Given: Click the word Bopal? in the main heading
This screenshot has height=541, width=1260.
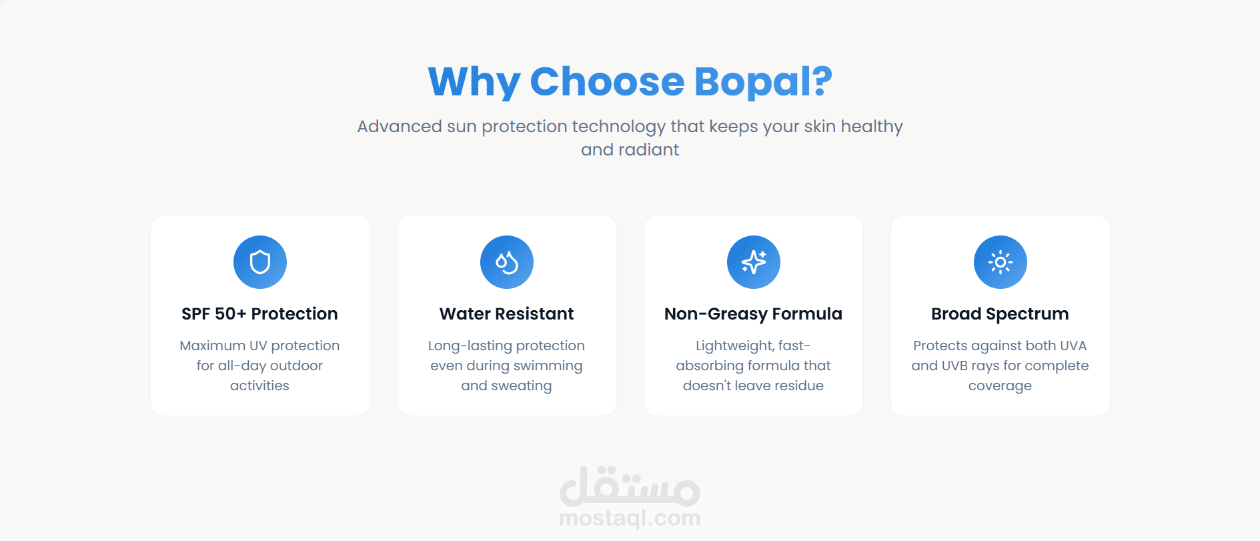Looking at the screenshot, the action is coord(763,82).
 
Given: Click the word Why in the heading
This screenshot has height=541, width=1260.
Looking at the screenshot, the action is coord(474,82).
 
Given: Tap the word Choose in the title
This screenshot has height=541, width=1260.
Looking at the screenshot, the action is coord(607,81).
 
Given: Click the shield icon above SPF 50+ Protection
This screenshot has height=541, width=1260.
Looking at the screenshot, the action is coord(260,262).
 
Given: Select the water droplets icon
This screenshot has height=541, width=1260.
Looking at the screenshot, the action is coord(507,262).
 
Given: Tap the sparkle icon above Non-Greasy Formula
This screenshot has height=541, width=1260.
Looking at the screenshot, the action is coord(754,262).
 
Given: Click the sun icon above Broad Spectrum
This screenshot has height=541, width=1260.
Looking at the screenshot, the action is coord(1001,262).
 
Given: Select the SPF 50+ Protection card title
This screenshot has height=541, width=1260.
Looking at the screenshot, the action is coord(259,314).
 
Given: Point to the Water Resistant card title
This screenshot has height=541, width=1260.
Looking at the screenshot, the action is coord(506,314).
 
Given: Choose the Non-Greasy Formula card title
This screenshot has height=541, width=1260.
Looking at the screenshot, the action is coord(753,314).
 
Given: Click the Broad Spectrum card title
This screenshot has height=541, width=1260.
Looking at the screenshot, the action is coord(1000,314).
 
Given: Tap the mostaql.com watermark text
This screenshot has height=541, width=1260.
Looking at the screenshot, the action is coord(630,518).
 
